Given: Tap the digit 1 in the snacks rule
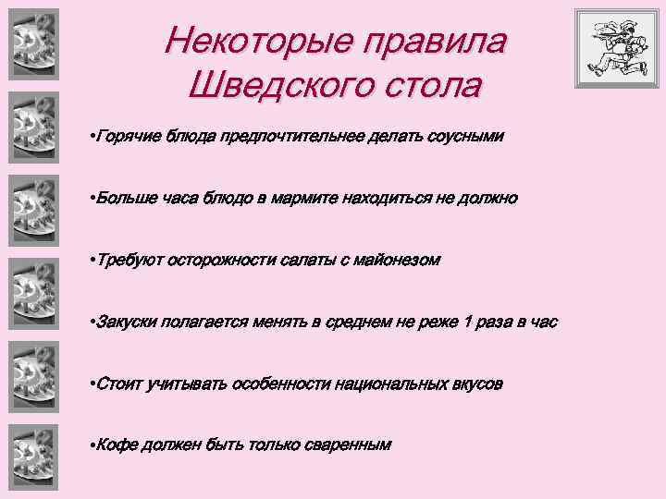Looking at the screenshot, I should click(468, 322).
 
